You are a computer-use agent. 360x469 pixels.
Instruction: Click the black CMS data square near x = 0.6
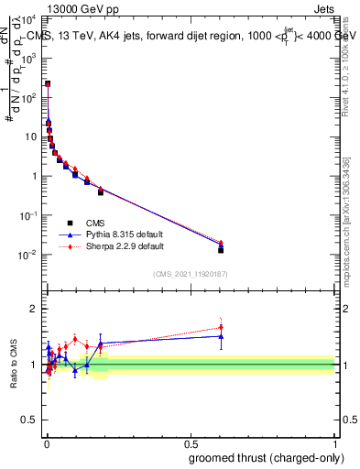[221, 249]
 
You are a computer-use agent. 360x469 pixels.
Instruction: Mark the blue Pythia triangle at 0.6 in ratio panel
[221, 336]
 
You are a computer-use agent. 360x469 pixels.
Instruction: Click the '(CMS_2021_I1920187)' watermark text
[190, 274]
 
